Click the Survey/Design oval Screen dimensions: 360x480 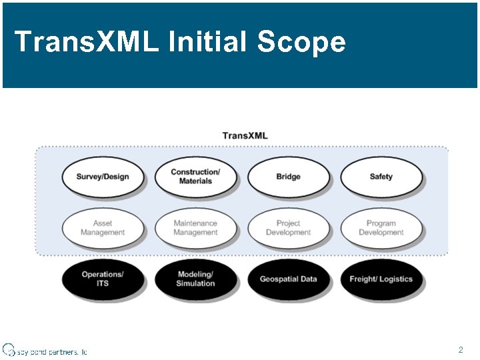(103, 177)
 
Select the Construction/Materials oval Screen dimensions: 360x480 (195, 177)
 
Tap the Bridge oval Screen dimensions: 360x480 (288, 177)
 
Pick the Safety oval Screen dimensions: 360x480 (381, 177)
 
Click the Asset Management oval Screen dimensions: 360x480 (103, 228)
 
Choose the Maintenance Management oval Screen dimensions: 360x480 (195, 228)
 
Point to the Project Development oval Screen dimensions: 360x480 (288, 228)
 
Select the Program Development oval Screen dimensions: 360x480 (381, 228)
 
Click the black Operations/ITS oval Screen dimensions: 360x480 (103, 279)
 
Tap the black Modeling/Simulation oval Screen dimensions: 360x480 (195, 279)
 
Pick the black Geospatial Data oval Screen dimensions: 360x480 (288, 279)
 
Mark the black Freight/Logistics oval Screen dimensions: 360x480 (381, 279)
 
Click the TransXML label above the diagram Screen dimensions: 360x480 (245, 135)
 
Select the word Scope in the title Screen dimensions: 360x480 (301, 42)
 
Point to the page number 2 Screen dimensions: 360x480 (461, 349)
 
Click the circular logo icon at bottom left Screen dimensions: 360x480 (8, 349)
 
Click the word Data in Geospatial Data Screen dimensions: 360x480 (307, 279)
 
